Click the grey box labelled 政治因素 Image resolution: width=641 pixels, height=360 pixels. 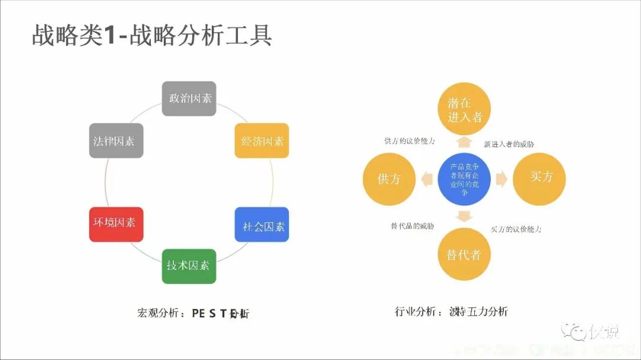pos(189,98)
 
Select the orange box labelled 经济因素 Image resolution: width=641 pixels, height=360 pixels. pos(262,141)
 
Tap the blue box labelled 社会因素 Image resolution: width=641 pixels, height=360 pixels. pos(262,225)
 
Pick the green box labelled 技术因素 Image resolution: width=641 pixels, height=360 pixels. pos(189,266)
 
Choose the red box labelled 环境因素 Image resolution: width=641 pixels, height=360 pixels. pos(116,224)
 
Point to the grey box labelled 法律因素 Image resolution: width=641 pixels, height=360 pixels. pos(116,141)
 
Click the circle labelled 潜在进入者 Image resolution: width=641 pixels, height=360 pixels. pos(465,110)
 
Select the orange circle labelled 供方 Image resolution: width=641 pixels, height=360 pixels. pos(389,179)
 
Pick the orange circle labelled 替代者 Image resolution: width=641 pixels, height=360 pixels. pos(464,254)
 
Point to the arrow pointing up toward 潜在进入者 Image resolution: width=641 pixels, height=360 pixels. pos(464,142)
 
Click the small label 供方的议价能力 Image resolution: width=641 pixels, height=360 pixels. pos(409,141)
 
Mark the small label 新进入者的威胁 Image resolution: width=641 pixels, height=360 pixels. pos(509,144)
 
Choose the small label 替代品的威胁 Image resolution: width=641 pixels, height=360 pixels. pos(412,226)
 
